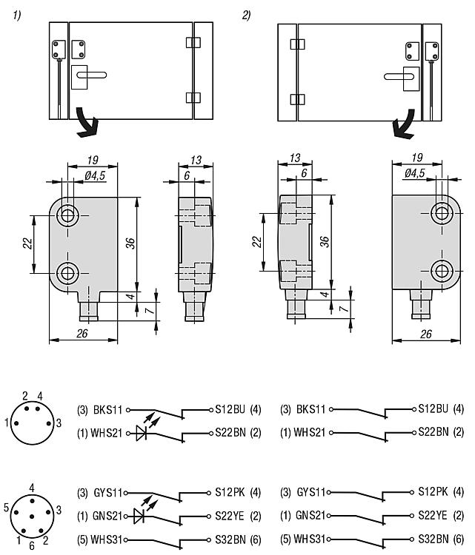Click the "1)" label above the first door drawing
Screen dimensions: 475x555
pos(17,16)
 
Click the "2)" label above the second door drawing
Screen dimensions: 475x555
pos(246,16)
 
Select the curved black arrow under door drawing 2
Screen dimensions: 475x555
pos(404,124)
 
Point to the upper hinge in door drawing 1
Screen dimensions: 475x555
pos(193,42)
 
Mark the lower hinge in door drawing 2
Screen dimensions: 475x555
pos(297,99)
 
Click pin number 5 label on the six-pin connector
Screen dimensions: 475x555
pos(6,507)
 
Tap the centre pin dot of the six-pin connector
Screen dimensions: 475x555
pos(32,517)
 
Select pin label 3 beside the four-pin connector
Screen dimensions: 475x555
pos(59,423)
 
